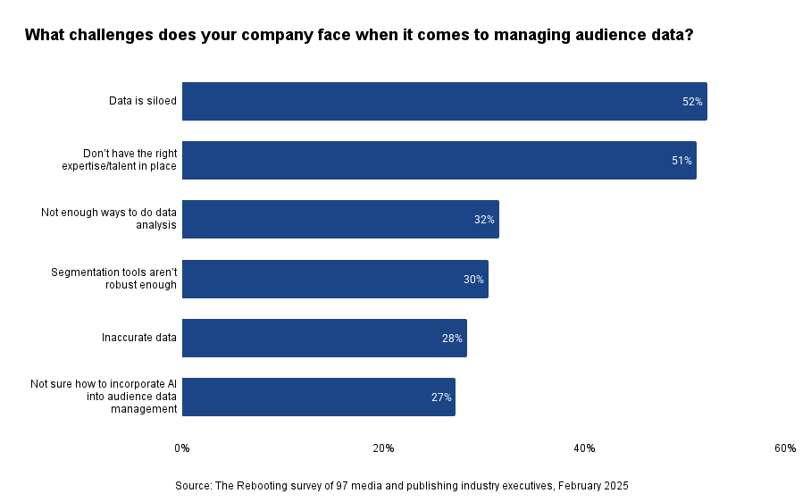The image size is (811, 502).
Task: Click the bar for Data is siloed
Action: (444, 102)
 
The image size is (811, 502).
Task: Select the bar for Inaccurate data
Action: (324, 339)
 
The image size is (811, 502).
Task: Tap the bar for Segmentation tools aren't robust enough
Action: (335, 280)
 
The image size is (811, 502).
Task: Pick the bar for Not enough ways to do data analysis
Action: (340, 220)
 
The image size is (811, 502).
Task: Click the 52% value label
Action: (692, 102)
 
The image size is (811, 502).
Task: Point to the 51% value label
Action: (681, 161)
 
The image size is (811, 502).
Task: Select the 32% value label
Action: (484, 220)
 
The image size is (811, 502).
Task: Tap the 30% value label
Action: (473, 280)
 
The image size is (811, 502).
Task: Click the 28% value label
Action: (452, 339)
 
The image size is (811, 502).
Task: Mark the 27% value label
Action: (441, 397)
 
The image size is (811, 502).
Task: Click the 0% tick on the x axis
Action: (182, 448)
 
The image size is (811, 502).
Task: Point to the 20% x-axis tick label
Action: (383, 448)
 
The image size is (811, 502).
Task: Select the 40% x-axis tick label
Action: (584, 448)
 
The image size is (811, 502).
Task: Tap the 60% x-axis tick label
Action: (785, 448)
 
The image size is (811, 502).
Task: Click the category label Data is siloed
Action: (143, 102)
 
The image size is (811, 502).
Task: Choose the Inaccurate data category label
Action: (139, 339)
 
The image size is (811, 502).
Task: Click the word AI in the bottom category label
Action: (171, 384)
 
